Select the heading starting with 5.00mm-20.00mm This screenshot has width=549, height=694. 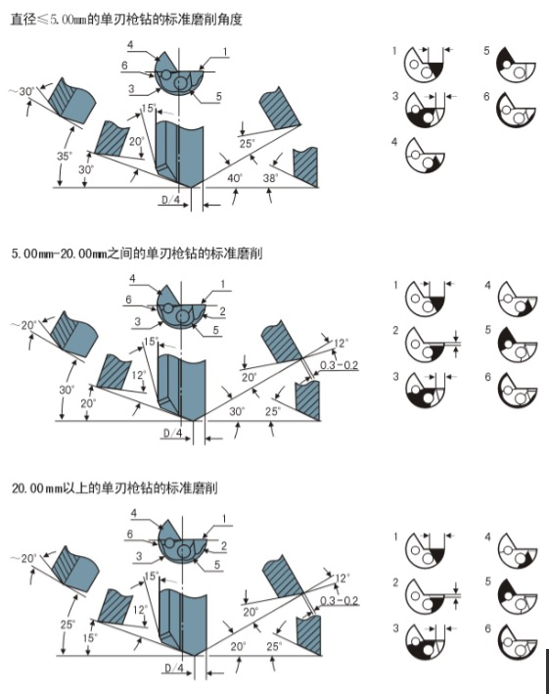pyautogui.click(x=136, y=254)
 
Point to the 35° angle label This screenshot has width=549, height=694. pyautogui.click(x=65, y=155)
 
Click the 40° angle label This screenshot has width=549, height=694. pyautogui.click(x=234, y=178)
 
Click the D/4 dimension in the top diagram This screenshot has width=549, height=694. pyautogui.click(x=169, y=200)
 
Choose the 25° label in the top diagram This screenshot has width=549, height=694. pyautogui.click(x=248, y=144)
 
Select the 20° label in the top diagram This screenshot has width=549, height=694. pyautogui.click(x=137, y=142)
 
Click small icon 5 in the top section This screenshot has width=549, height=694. pyautogui.click(x=517, y=65)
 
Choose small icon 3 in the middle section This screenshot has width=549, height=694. pyautogui.click(x=425, y=388)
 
